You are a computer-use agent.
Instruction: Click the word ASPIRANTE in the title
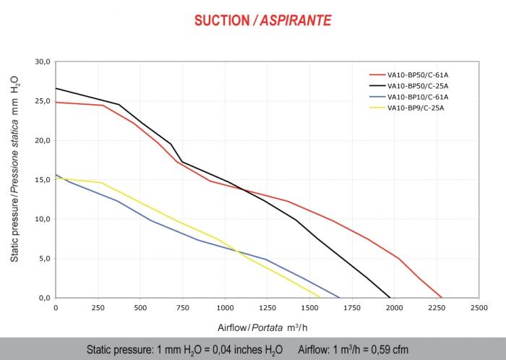tap(299, 20)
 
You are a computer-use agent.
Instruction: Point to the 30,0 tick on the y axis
tap(43, 62)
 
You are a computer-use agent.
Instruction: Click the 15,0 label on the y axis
tap(43, 180)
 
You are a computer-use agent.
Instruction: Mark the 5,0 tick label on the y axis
tap(44, 258)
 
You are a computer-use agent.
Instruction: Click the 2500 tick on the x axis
tap(479, 308)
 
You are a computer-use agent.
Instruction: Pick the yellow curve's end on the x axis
tap(320, 297)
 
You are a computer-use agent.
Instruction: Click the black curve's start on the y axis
tap(56, 88)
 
